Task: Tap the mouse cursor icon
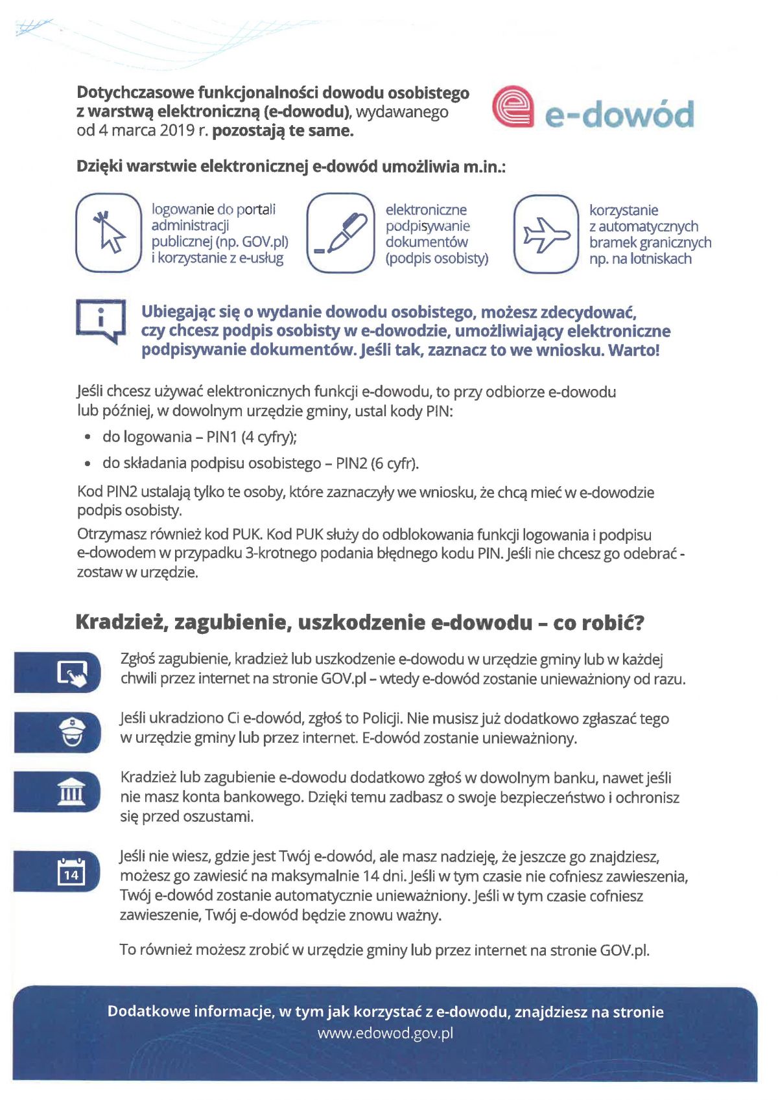tap(109, 232)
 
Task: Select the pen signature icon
tap(341, 233)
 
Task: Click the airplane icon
tap(546, 234)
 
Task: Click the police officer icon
tap(71, 732)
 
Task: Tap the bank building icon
tap(71, 791)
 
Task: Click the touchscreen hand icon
tap(72, 673)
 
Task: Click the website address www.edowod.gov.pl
tap(385, 1033)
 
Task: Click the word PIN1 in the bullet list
tap(222, 437)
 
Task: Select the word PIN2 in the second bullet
tap(351, 463)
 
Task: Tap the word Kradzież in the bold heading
tap(120, 622)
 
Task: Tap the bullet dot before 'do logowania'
tap(88, 438)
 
